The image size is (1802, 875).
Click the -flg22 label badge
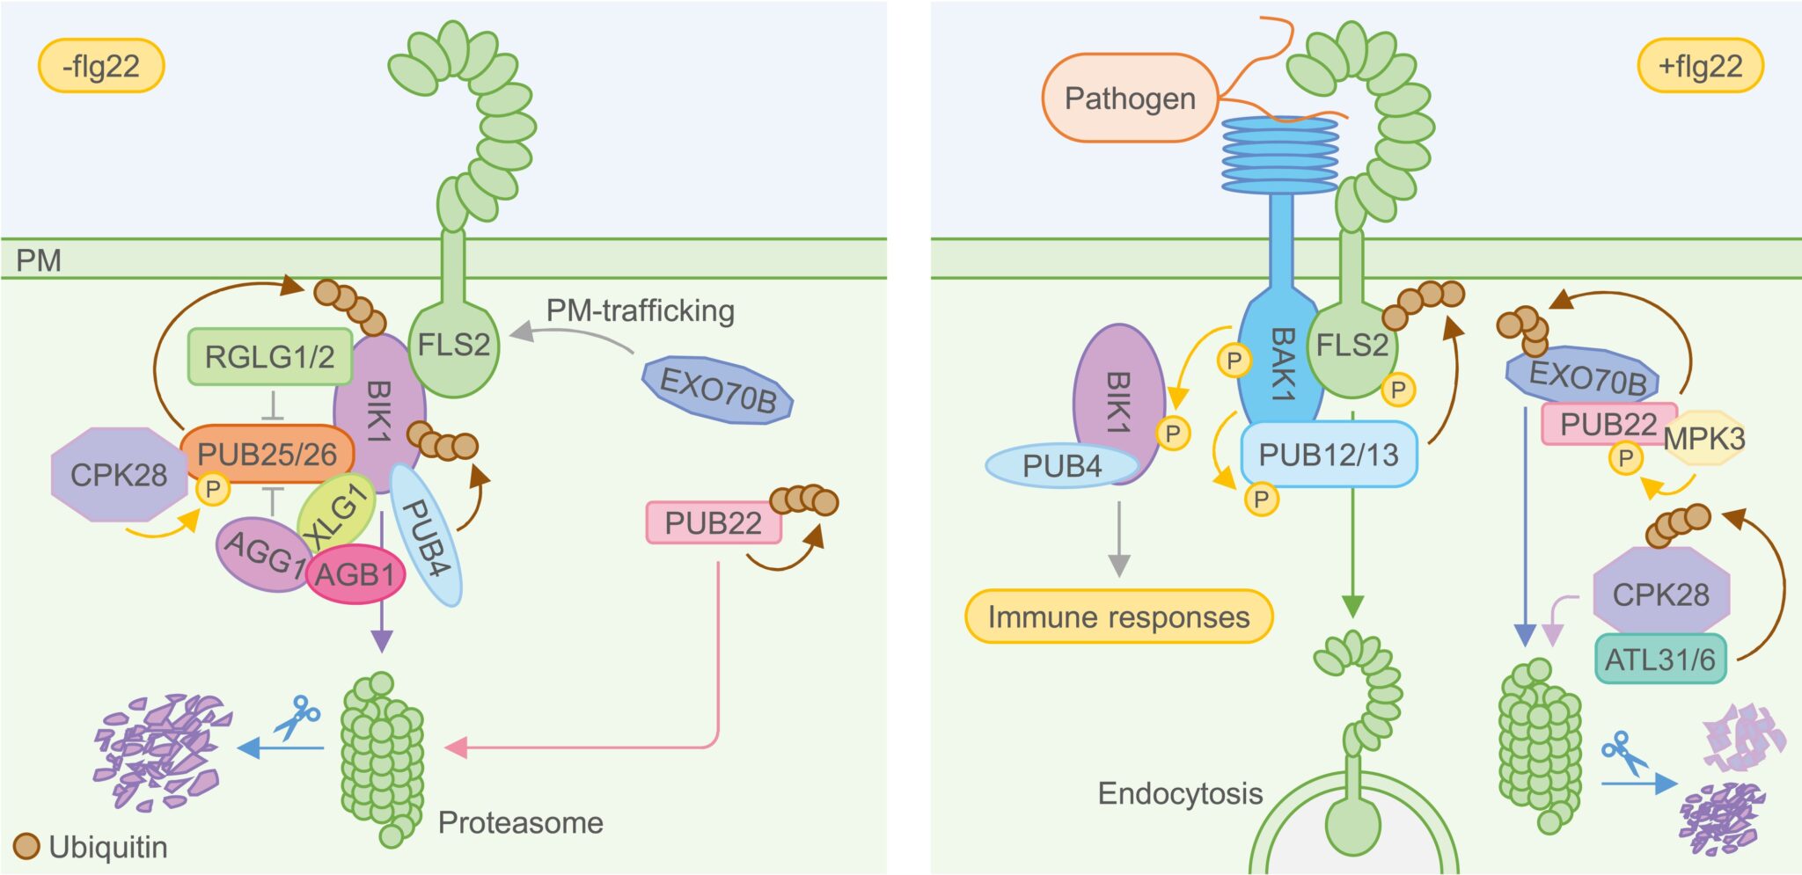click(x=101, y=66)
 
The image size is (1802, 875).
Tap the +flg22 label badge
click(x=1699, y=66)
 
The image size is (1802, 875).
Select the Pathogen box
click(x=1130, y=98)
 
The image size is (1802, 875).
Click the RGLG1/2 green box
click(x=269, y=357)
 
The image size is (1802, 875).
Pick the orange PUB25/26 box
click(x=267, y=454)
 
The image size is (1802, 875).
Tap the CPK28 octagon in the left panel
click(x=119, y=475)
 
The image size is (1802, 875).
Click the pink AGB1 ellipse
click(x=355, y=575)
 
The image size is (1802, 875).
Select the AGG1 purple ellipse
click(x=258, y=552)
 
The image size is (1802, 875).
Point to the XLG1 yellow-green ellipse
click(x=335, y=514)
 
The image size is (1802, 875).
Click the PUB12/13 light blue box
click(x=1328, y=455)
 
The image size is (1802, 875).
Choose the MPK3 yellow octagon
click(x=1704, y=438)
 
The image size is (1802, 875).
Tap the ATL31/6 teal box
click(x=1659, y=660)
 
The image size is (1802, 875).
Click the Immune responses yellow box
click(x=1118, y=617)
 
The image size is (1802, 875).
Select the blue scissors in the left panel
click(x=297, y=718)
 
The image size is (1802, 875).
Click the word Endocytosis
click(x=1179, y=793)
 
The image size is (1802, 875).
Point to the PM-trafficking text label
click(x=640, y=310)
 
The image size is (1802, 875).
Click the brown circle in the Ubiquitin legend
click(x=27, y=847)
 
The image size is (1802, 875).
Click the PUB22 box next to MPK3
click(x=1607, y=425)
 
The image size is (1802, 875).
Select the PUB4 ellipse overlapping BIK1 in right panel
click(x=1061, y=466)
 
